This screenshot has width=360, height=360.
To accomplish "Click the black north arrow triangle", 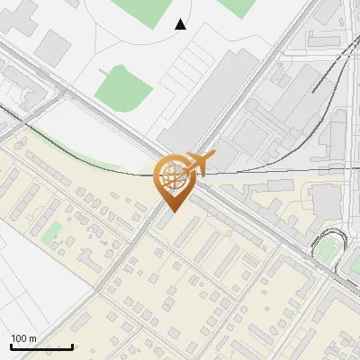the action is (x=181, y=23).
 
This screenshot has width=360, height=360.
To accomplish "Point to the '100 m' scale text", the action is (x=24, y=338).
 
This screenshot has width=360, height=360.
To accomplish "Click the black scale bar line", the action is (x=41, y=346).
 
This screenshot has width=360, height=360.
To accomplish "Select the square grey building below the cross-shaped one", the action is (x=54, y=46).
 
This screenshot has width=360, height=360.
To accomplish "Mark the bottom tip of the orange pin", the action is (x=171, y=211).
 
